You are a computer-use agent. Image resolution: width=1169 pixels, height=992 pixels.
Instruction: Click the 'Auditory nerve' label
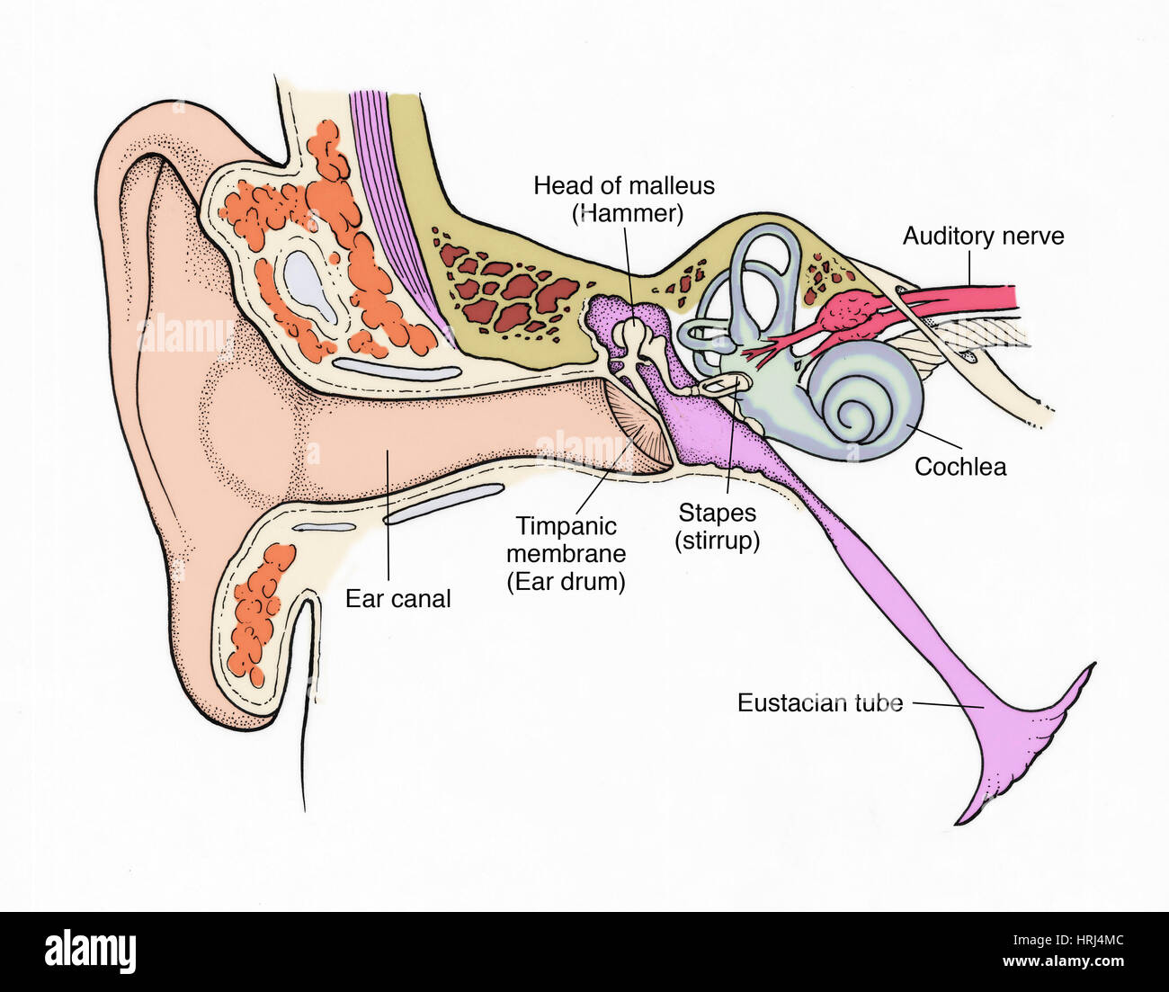tap(983, 237)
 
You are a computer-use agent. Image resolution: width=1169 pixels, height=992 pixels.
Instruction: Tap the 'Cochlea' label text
tap(960, 467)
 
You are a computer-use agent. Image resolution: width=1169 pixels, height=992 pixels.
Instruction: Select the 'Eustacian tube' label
tap(819, 703)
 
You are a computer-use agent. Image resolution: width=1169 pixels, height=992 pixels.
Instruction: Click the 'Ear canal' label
tap(397, 599)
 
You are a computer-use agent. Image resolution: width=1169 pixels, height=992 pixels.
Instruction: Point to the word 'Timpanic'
tap(566, 526)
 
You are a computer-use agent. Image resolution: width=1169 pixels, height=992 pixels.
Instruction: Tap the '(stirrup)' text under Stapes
tap(718, 541)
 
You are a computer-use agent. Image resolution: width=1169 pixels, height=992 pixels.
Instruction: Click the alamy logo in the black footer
tap(90, 952)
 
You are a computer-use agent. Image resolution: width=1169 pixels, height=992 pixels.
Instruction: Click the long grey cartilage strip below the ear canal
tap(444, 503)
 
